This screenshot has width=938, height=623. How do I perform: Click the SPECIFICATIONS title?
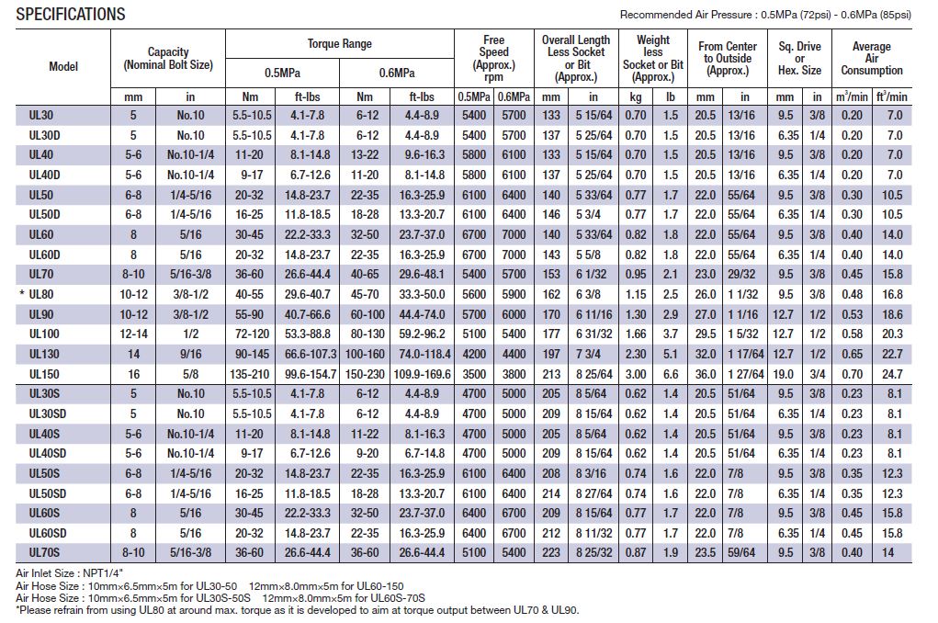click(71, 15)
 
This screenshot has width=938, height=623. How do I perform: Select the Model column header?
click(63, 66)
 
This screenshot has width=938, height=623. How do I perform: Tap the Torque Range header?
click(339, 44)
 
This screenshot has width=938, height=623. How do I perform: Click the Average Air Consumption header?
click(872, 58)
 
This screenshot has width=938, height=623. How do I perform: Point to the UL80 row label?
click(41, 294)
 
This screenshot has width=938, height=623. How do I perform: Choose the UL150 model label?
click(44, 374)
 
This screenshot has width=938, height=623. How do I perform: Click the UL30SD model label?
click(47, 413)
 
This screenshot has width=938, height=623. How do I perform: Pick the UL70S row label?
click(44, 552)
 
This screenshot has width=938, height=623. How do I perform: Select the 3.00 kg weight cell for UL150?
click(636, 374)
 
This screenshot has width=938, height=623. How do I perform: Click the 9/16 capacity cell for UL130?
click(191, 354)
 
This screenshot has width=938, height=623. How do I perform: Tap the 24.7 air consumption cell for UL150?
click(892, 374)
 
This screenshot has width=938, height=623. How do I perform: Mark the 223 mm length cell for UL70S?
click(551, 552)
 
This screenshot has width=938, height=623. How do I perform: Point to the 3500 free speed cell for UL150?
click(474, 374)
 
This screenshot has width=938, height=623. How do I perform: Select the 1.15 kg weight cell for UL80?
click(636, 294)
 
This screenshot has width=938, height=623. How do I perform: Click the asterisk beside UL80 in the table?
click(22, 293)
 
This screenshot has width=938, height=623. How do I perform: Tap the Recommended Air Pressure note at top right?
click(765, 15)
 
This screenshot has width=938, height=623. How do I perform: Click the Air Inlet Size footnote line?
click(70, 573)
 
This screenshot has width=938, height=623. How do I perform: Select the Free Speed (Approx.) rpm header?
click(493, 58)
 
